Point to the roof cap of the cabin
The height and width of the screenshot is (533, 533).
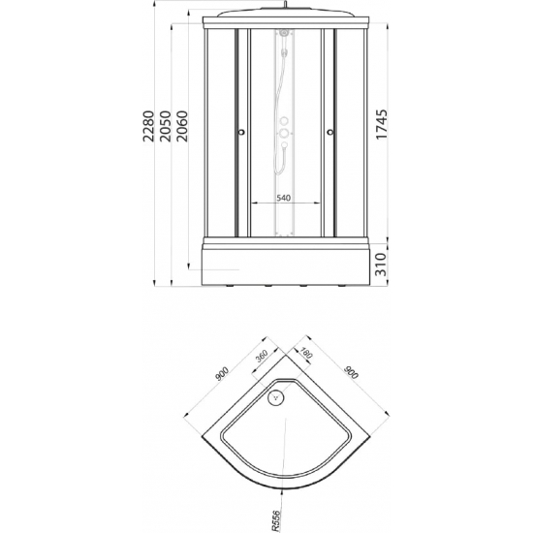coord(286,17)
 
